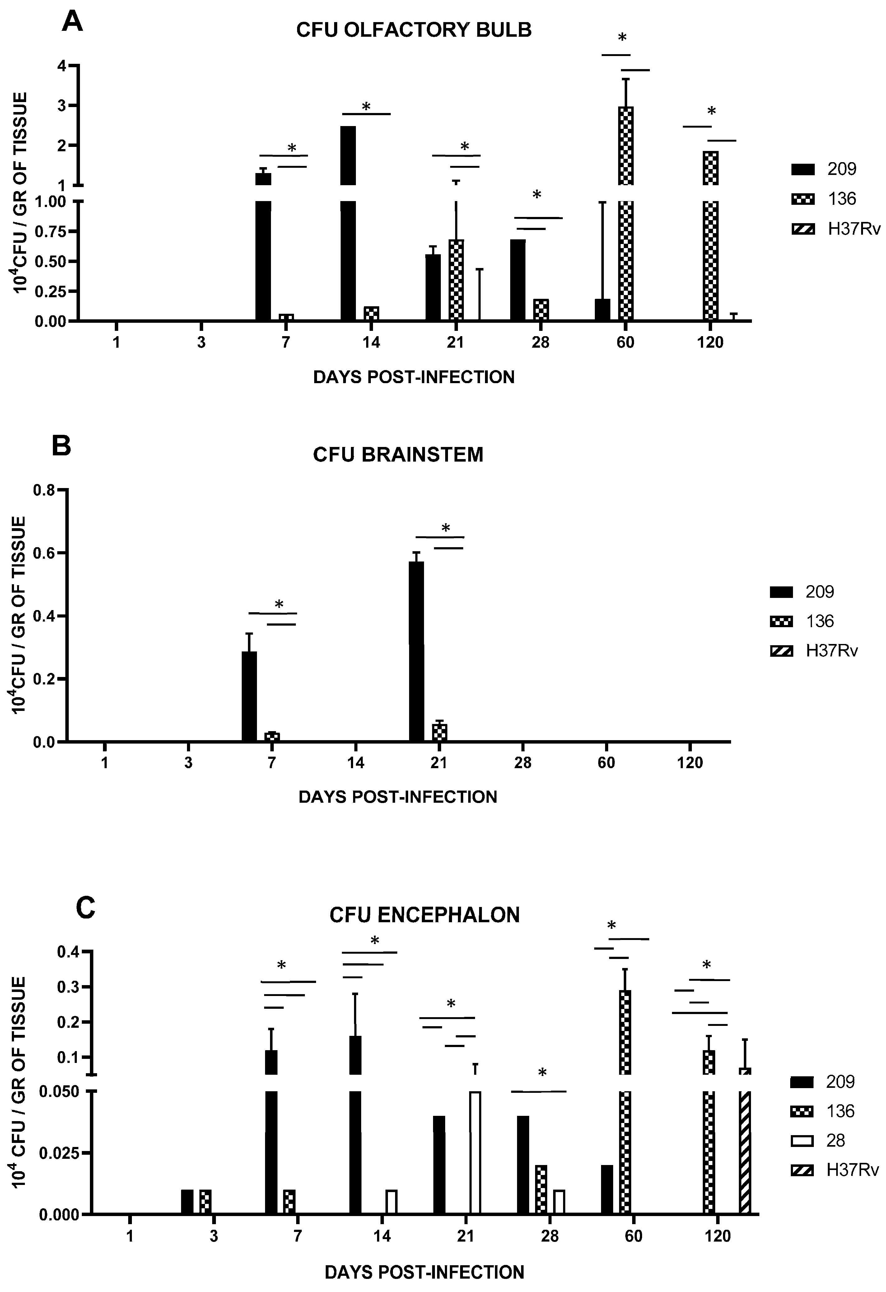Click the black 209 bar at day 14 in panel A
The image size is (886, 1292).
click(348, 222)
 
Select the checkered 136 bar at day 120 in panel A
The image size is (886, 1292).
click(710, 233)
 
